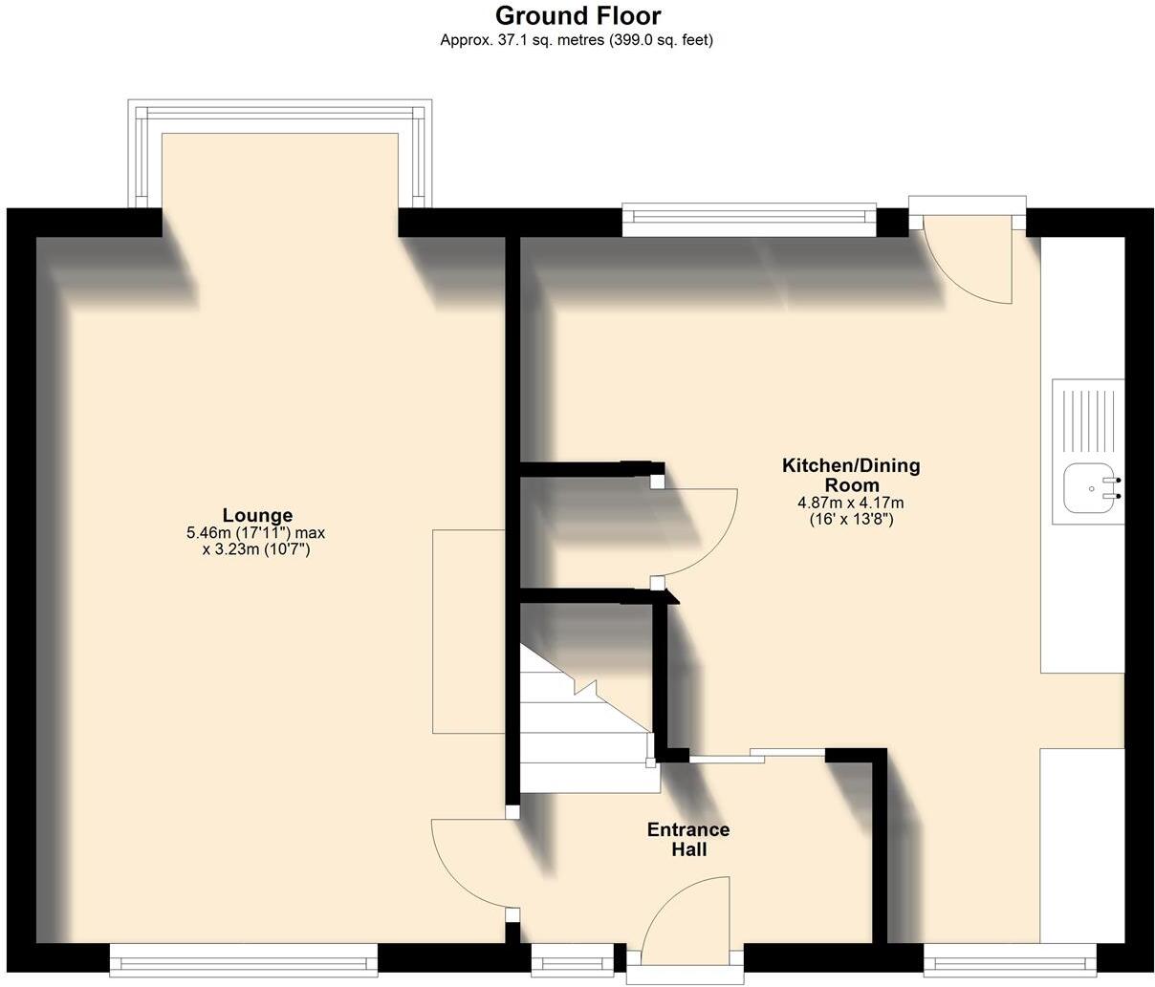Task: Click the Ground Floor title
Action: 577,16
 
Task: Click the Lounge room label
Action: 257,515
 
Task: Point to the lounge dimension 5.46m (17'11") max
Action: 257,533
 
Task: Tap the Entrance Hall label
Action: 688,839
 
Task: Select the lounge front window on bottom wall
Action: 244,960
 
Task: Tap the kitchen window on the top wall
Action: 749,219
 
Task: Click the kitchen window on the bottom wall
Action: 1010,959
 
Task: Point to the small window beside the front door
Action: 573,958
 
